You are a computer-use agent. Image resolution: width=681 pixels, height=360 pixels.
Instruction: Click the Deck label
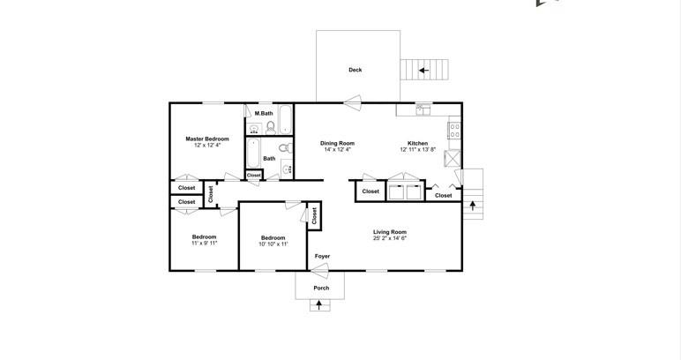tap(355, 70)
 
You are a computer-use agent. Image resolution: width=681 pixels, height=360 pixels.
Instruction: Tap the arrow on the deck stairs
tap(423, 70)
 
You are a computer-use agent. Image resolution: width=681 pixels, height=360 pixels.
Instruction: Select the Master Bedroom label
tap(207, 139)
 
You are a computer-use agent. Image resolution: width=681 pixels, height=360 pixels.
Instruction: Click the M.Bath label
tap(264, 114)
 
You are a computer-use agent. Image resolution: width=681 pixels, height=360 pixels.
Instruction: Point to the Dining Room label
tap(337, 143)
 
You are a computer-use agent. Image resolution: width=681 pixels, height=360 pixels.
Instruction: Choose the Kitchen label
tap(417, 143)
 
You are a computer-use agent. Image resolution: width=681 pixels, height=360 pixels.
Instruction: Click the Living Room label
tap(389, 232)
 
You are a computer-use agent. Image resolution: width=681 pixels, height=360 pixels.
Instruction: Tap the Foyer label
tap(323, 256)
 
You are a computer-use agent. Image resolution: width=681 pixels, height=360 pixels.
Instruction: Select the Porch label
tap(321, 288)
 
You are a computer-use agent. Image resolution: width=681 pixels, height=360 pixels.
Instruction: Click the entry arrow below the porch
tap(318, 305)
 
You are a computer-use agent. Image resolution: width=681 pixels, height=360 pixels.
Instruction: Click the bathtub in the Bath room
tap(252, 155)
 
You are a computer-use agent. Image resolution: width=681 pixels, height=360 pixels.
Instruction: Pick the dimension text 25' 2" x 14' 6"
tap(389, 238)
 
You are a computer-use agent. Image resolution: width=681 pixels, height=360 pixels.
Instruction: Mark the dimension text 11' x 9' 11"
tap(205, 243)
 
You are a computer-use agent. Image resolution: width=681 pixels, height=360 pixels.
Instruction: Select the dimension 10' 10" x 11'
tap(273, 244)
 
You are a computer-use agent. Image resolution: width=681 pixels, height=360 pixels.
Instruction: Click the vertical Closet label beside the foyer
tap(314, 214)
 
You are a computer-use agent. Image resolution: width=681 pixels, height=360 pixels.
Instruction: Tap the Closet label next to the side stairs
tap(443, 195)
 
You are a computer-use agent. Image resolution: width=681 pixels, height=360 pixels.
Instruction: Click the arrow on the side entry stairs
tap(473, 206)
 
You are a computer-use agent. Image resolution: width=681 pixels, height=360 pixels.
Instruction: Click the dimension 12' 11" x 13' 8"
tap(417, 149)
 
